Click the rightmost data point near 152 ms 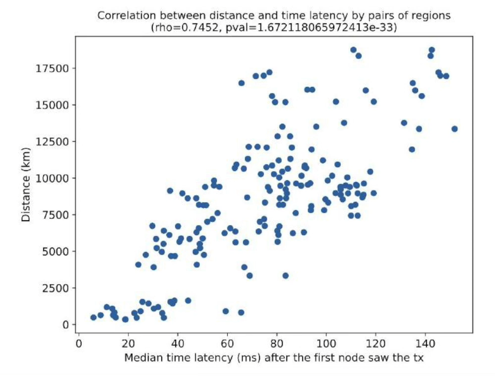pyautogui.click(x=454, y=129)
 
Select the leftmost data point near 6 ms pyautogui.click(x=93, y=317)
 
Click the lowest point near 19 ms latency pyautogui.click(x=125, y=319)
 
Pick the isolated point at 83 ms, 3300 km pyautogui.click(x=285, y=276)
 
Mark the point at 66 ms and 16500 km pyautogui.click(x=242, y=83)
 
